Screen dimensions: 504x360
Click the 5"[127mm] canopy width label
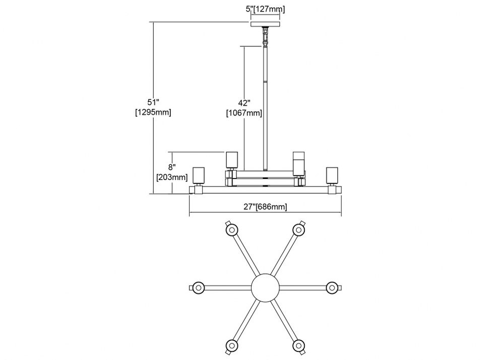(265, 9)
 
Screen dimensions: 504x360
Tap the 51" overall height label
(153, 102)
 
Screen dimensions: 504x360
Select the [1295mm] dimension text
(153, 112)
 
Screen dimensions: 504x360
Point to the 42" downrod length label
(244, 103)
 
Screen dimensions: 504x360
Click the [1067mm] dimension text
(244, 113)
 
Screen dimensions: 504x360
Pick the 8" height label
(172, 167)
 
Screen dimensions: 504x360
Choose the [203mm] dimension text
(172, 177)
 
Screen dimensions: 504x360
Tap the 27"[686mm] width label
(265, 207)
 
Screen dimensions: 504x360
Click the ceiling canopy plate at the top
(265, 24)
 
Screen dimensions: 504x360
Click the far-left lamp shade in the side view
(198, 175)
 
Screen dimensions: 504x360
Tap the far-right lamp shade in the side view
(332, 175)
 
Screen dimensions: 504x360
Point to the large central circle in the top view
(265, 287)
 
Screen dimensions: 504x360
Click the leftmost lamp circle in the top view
(198, 287)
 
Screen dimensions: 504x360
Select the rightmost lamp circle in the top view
(333, 287)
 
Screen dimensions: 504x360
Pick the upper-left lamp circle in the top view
(231, 230)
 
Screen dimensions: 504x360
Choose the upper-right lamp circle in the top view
(299, 230)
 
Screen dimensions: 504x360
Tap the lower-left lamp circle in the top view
(231, 345)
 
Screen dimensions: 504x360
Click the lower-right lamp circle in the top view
(299, 345)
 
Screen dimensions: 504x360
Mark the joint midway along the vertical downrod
(265, 83)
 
